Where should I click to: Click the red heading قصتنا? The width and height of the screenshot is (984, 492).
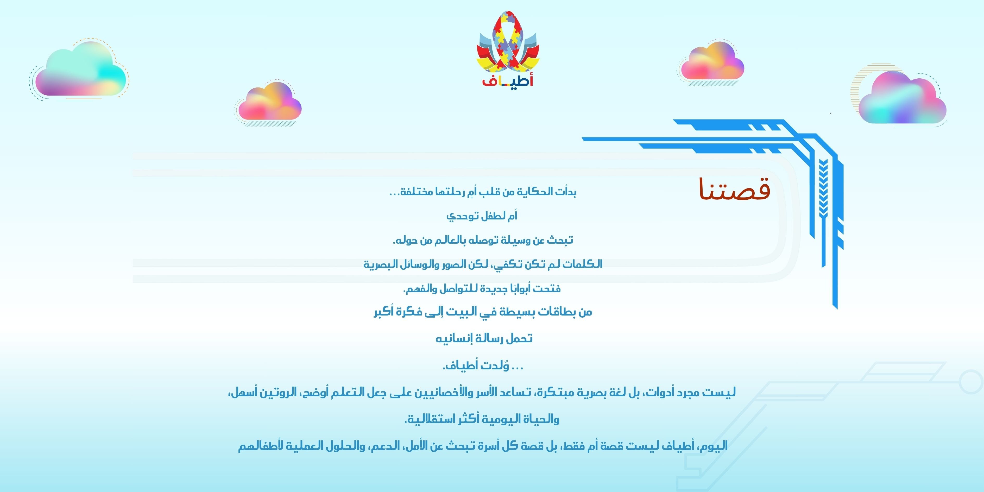pos(734,189)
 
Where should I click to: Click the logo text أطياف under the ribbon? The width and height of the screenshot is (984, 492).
pos(508,81)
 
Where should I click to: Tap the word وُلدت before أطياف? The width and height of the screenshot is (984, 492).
pos(493,365)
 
